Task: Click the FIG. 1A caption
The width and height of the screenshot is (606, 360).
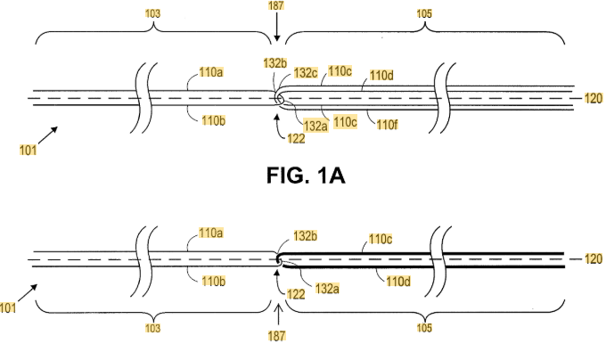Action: coord(306,176)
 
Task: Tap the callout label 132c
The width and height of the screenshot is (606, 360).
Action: coord(306,72)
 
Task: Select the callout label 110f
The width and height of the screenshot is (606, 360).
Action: coord(387,125)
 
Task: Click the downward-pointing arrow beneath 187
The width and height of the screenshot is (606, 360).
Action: coord(276,26)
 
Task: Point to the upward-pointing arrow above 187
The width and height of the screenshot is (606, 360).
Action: coord(278,316)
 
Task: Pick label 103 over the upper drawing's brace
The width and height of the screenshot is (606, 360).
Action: coord(152,13)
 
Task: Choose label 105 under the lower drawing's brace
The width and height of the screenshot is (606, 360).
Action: coord(424,328)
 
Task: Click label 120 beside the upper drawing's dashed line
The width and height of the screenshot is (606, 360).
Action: coord(594,99)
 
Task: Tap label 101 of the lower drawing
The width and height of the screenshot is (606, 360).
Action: coord(8,307)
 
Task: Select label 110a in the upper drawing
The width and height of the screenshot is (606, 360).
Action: coord(210,72)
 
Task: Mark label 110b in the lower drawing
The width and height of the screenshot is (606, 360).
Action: coord(213,282)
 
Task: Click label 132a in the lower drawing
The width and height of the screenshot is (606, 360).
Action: coord(327,289)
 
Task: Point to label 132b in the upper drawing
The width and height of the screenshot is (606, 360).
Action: coord(275,63)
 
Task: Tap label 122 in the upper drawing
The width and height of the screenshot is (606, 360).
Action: coord(296,138)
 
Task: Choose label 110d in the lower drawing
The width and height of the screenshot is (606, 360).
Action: coord(398,281)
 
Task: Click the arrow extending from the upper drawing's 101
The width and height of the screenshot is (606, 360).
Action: coord(48,135)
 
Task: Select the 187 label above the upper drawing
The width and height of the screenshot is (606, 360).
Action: coord(276,5)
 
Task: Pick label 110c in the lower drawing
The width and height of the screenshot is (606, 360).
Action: coord(381,239)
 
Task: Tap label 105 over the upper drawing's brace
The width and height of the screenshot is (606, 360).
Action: coord(424,13)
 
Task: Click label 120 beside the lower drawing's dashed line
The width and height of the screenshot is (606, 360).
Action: coord(594,258)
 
